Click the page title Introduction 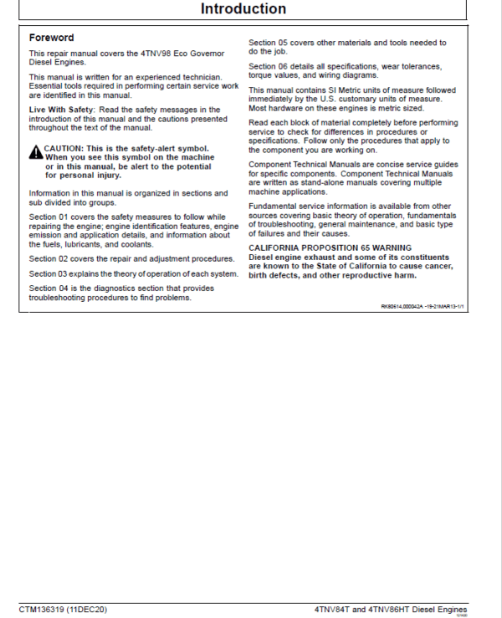coord(243,9)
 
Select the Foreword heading coord(51,38)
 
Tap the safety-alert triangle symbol coord(36,152)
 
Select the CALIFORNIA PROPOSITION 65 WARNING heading coord(330,248)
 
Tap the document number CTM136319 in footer coord(42,609)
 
